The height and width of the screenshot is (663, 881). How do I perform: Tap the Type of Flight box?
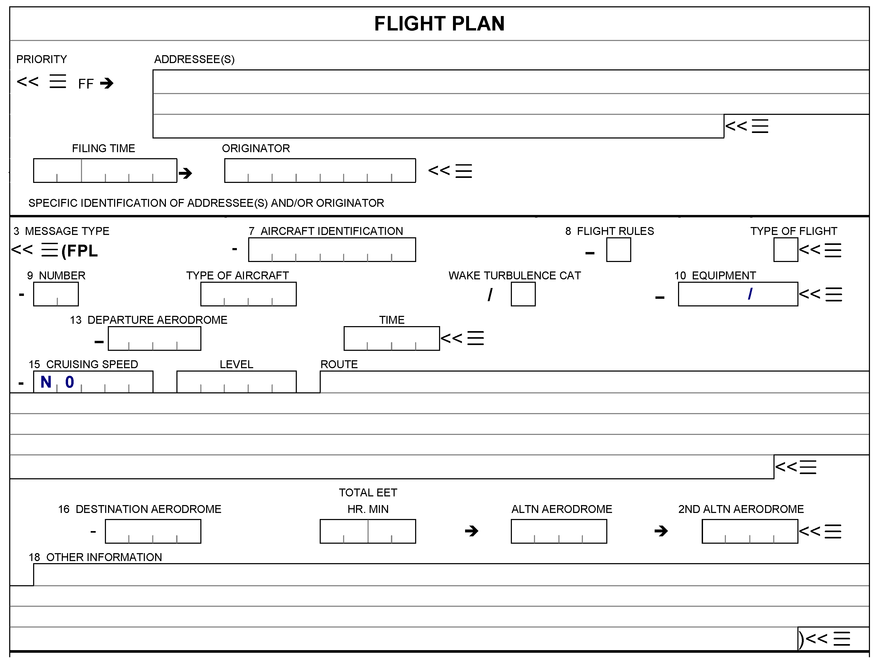tap(785, 250)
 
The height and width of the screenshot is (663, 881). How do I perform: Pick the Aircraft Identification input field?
tap(332, 250)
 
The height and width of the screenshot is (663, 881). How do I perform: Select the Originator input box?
tap(320, 171)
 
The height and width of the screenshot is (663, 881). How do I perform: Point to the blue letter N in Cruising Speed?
tap(46, 382)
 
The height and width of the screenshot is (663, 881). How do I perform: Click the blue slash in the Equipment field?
tap(750, 294)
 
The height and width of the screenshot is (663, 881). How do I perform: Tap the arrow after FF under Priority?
tap(107, 83)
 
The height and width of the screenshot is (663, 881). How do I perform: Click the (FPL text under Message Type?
tap(80, 251)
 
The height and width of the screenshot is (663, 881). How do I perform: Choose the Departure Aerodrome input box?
tap(155, 338)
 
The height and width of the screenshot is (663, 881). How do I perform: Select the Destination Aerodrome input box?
tap(153, 531)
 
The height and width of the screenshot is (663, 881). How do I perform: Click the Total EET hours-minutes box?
tap(368, 531)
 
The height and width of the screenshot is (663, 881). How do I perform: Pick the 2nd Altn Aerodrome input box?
tap(750, 531)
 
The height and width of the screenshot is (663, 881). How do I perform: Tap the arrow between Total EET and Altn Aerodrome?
tap(472, 531)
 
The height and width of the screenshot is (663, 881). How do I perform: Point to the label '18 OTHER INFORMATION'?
tap(95, 557)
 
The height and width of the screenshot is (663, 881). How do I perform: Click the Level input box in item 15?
tap(236, 382)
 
